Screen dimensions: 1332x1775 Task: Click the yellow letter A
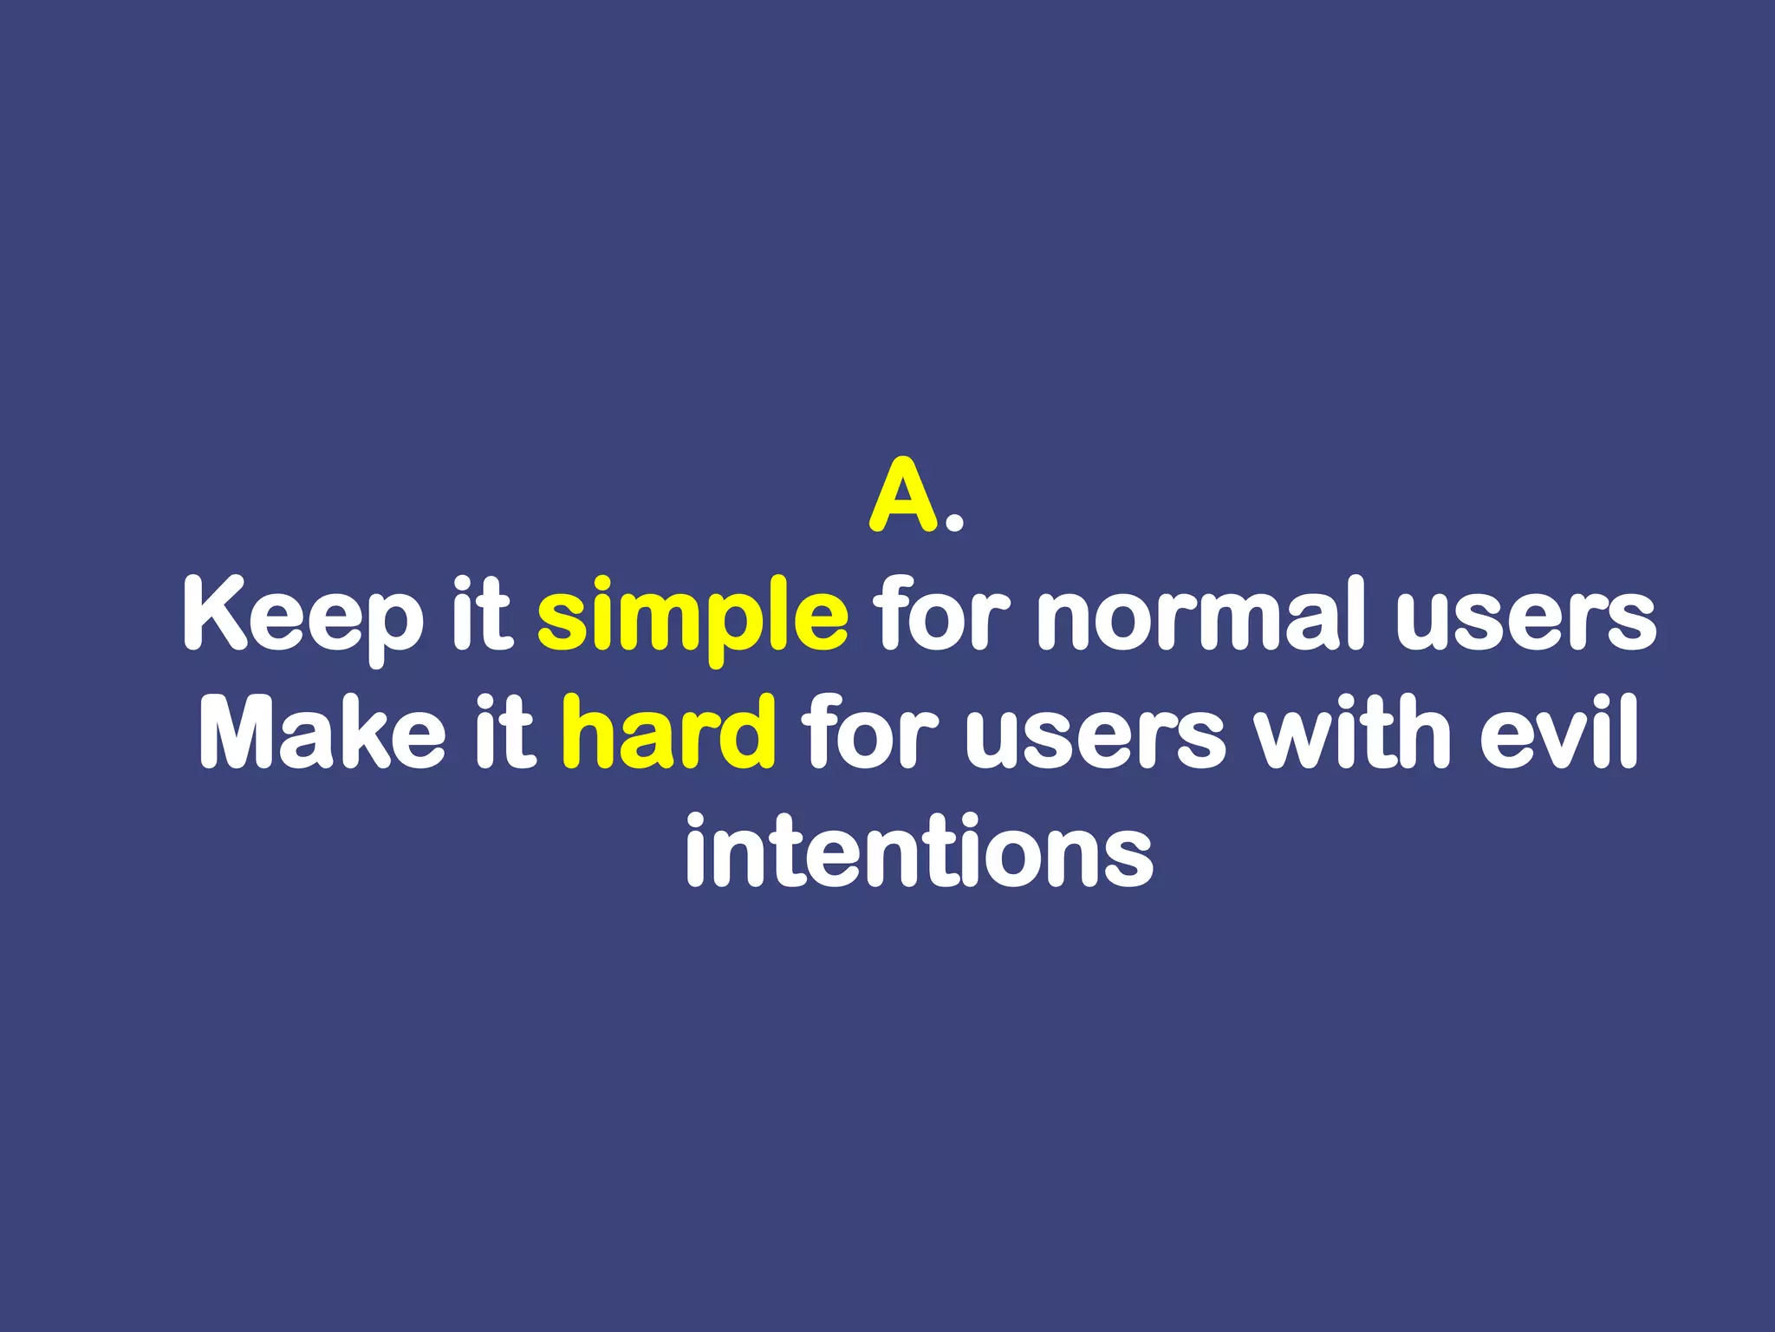point(904,495)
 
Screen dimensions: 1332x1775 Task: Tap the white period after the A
point(954,521)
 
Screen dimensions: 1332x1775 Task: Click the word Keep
point(302,617)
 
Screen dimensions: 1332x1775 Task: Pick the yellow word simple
point(692,617)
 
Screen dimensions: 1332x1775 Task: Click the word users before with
point(1096,735)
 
